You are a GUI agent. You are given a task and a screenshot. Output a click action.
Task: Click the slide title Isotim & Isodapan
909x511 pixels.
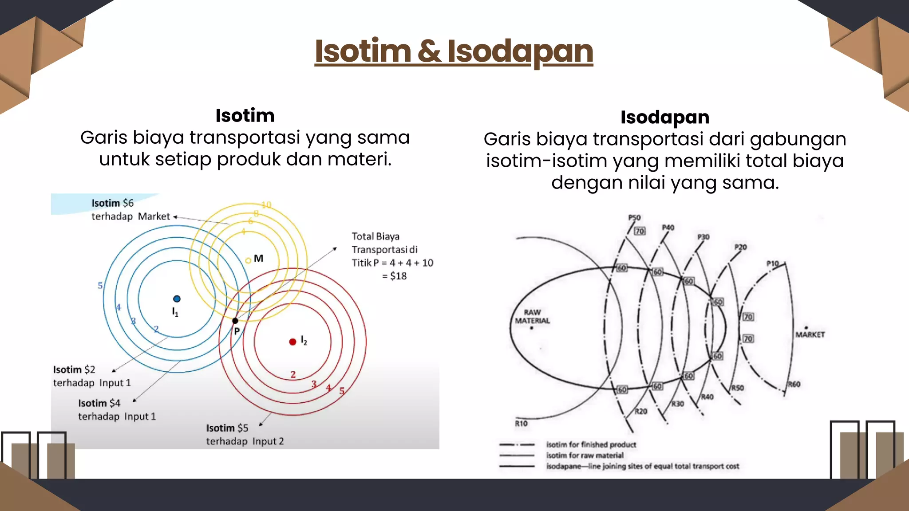(x=454, y=51)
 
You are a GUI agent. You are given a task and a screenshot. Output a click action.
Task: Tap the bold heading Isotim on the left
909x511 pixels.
(x=245, y=116)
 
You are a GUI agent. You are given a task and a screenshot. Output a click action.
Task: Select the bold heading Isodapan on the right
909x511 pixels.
(x=664, y=118)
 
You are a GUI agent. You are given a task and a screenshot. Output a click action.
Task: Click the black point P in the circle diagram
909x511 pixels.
(x=235, y=321)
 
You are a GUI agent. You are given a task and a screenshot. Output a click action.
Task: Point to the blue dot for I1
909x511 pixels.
(x=177, y=299)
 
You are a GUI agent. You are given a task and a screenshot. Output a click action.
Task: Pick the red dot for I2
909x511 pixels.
(x=292, y=342)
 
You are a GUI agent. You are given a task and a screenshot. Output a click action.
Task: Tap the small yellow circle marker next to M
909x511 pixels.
(x=248, y=260)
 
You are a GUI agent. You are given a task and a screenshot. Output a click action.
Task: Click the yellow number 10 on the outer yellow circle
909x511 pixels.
(x=266, y=205)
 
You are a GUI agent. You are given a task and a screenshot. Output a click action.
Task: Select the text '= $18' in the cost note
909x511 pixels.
(x=395, y=276)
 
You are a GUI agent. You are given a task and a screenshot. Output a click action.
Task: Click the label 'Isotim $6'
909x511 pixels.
(x=112, y=203)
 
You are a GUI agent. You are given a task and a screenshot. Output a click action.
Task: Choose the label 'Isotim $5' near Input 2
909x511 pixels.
(x=227, y=428)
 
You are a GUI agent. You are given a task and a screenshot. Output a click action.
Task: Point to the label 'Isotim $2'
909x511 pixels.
(x=74, y=369)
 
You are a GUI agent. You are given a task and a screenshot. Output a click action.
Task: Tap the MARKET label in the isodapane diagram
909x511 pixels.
(x=810, y=334)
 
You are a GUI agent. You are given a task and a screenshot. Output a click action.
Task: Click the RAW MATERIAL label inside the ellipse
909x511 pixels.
(x=532, y=316)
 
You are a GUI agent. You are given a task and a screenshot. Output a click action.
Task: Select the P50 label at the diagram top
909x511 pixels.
(x=634, y=217)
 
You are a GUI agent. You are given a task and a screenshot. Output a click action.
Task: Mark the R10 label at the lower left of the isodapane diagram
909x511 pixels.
(x=521, y=424)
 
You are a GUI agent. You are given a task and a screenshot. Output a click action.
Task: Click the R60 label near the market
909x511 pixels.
(x=794, y=384)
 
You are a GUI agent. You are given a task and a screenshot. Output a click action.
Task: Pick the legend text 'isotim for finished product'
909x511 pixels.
(x=591, y=444)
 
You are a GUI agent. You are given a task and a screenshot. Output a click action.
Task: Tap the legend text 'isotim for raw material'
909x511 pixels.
(x=585, y=455)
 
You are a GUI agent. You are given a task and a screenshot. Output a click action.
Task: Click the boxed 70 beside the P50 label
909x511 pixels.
(x=640, y=231)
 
